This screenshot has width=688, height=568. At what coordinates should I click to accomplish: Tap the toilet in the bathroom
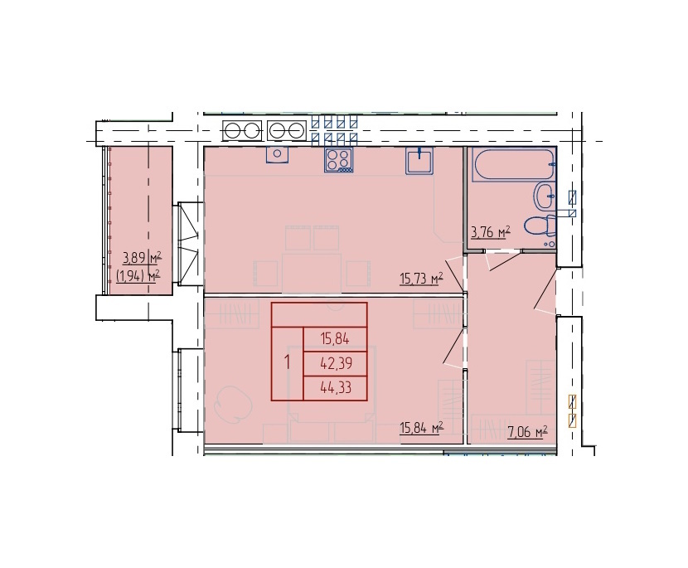pos(541,226)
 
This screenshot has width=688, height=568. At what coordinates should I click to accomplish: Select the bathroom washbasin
pos(545,197)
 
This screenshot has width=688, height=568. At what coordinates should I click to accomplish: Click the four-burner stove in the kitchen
pos(339,160)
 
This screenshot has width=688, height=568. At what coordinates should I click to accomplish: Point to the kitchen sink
pos(420,161)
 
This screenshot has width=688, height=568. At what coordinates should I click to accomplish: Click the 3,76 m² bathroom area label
pos(491,232)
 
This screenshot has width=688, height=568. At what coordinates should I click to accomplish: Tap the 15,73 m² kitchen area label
pos(421,279)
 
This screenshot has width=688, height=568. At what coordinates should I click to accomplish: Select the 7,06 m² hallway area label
pos(527,433)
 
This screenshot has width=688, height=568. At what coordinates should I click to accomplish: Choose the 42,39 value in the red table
pos(336,363)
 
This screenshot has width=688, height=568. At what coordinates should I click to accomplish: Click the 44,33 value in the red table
pos(336,387)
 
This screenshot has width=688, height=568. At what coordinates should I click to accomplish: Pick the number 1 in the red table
pos(288,363)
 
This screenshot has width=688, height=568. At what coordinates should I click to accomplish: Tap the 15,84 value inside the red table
pos(335,339)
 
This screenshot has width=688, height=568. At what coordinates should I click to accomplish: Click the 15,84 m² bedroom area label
pos(421,428)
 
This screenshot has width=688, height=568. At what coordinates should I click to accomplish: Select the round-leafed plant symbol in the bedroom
pos(233,405)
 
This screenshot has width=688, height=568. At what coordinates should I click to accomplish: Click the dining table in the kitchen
pos(312,273)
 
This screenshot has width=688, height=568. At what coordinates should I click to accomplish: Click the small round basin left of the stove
pos(278,154)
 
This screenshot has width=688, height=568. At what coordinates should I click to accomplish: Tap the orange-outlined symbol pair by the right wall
pos(572,411)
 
